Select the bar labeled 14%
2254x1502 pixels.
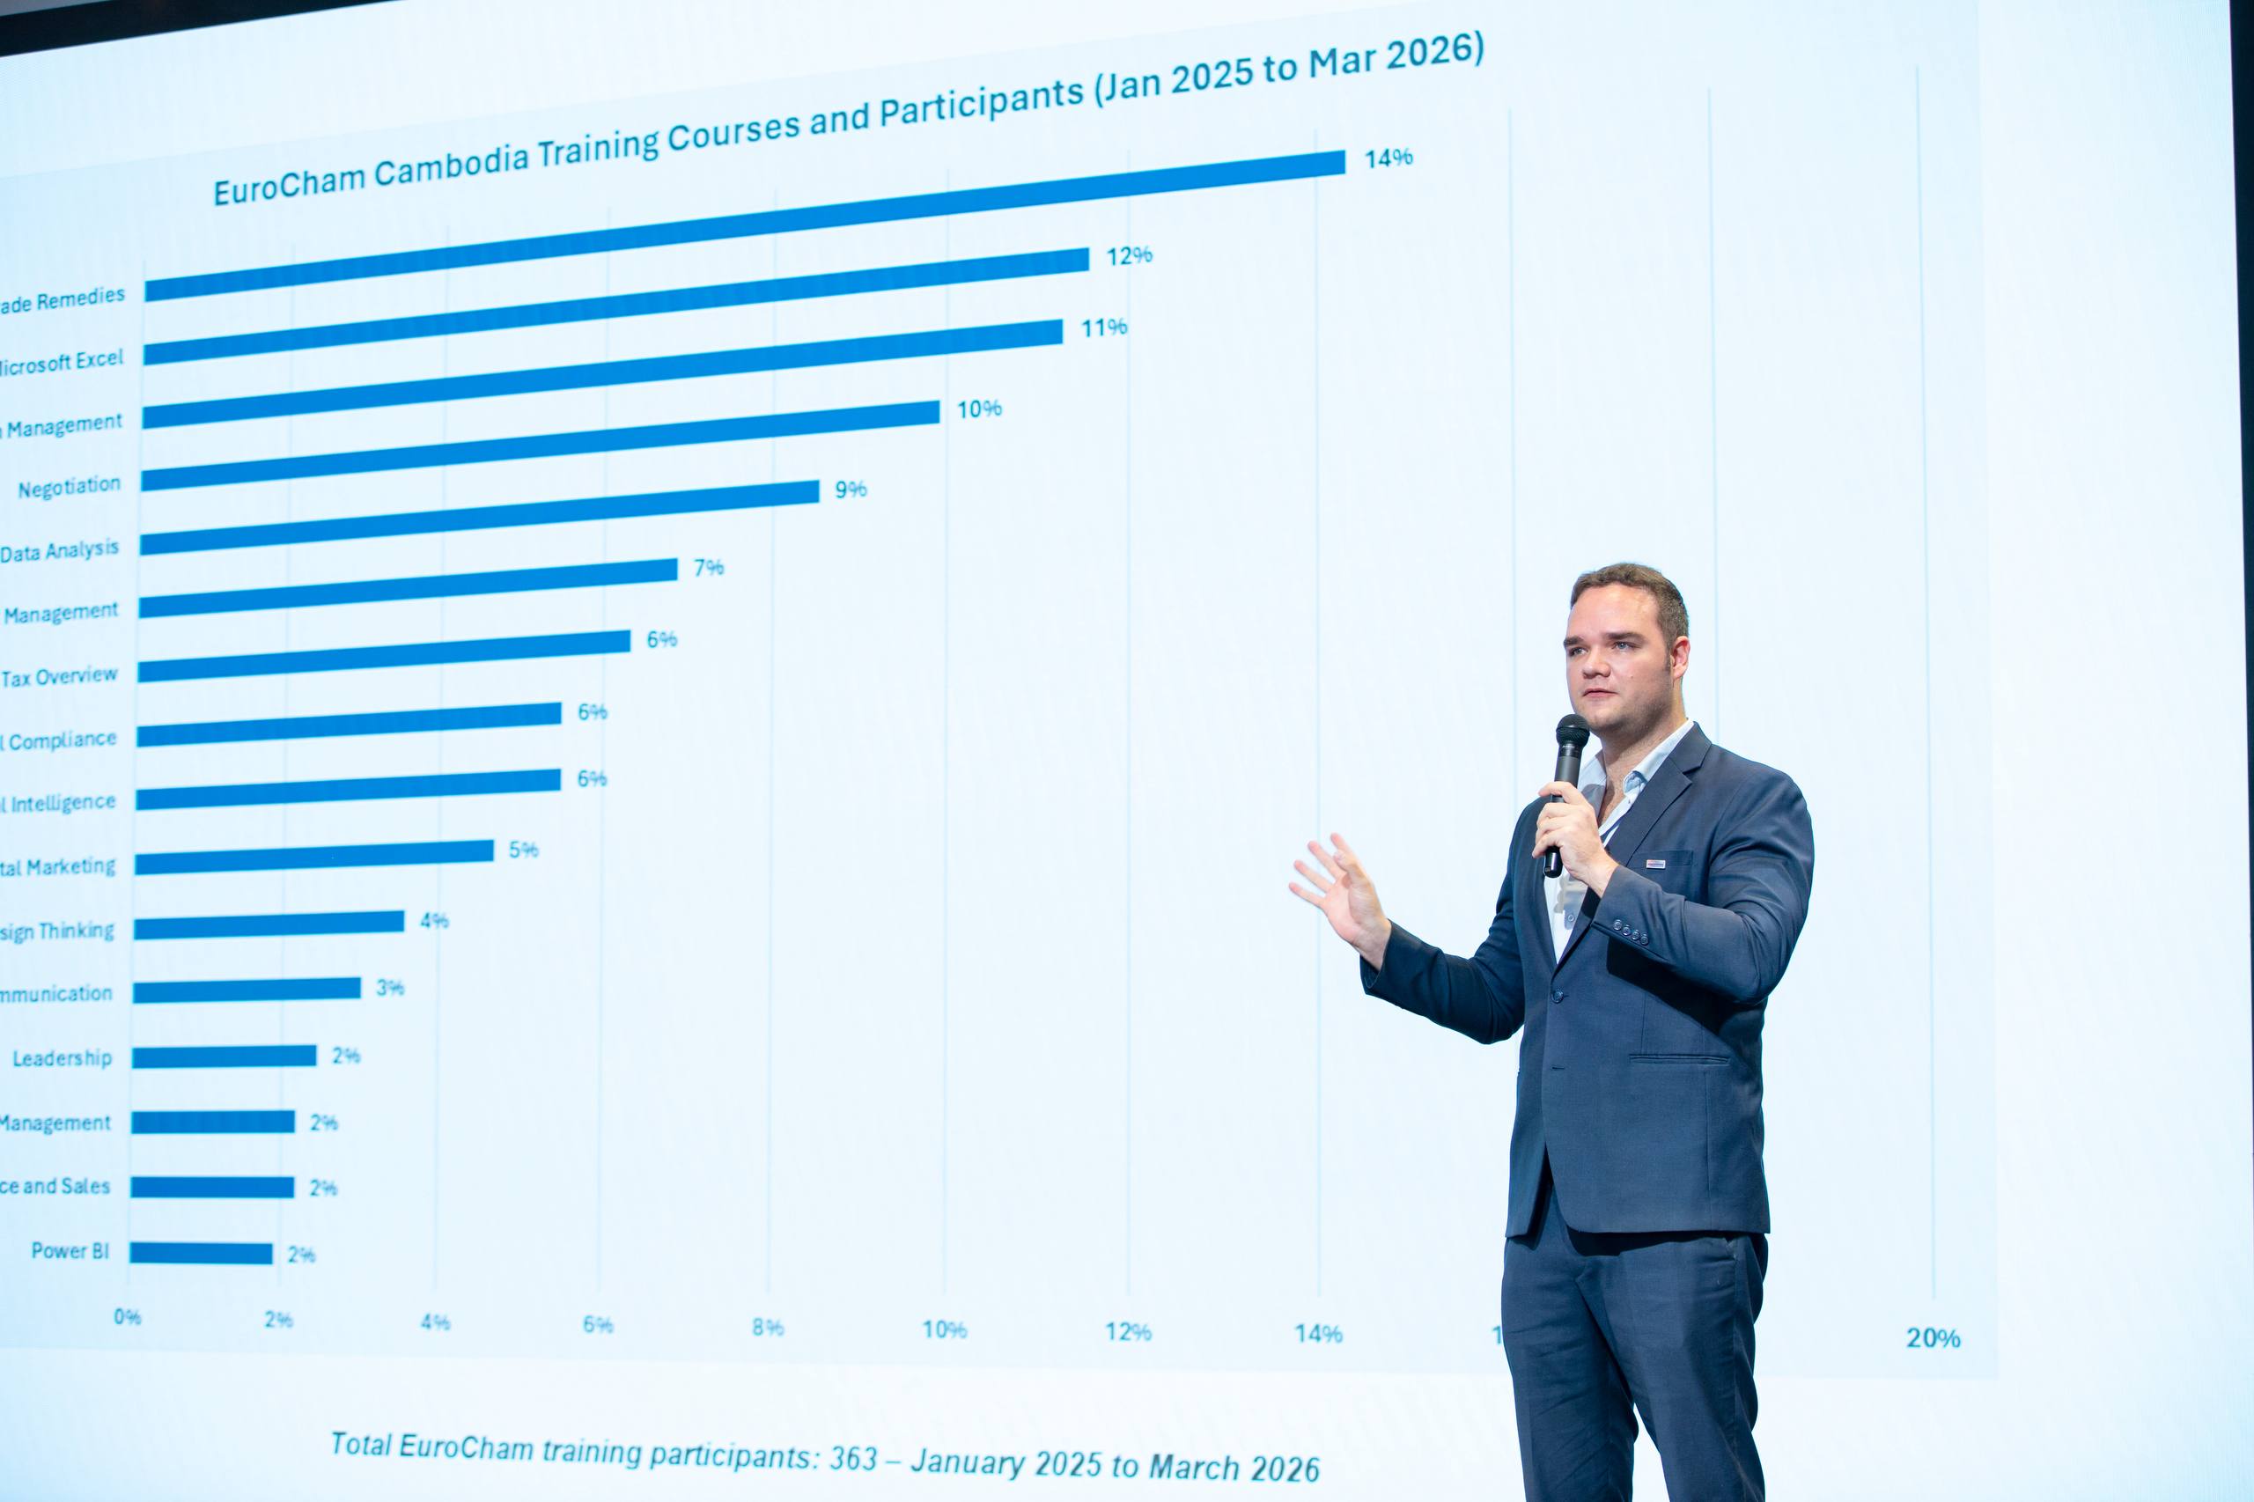coord(748,225)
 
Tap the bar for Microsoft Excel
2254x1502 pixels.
coord(613,306)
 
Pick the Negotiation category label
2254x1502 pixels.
coord(69,488)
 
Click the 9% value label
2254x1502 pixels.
coord(851,490)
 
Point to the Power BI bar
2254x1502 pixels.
coord(201,1253)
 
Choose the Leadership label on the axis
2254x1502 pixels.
coord(63,1058)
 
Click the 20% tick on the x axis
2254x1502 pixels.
coord(1932,1338)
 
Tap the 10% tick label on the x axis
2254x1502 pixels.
coord(945,1329)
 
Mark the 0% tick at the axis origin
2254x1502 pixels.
coord(128,1317)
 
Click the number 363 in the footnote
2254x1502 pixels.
coord(853,1458)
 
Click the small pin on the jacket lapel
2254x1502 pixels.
coord(1655,863)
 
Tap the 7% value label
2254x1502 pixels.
coord(709,568)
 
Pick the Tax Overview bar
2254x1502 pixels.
coord(383,656)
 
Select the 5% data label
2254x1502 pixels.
coord(523,850)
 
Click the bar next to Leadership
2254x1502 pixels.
coord(225,1056)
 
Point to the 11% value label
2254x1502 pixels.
coord(1103,328)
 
